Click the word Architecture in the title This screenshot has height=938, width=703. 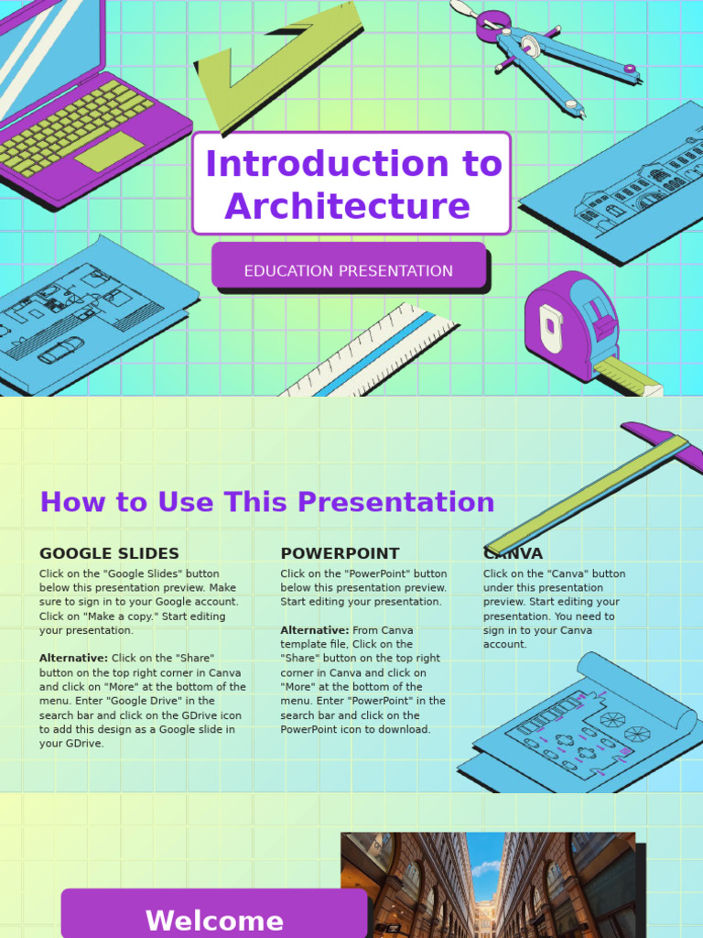347,206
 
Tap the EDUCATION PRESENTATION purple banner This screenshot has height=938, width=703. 348,270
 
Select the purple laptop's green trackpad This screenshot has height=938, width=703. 109,152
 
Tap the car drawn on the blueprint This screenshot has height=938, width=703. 61,351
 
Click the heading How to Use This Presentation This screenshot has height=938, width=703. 266,502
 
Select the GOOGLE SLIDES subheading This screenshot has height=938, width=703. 109,553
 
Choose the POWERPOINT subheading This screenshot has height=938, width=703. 340,553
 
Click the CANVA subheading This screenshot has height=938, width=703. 514,554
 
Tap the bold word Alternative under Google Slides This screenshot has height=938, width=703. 73,658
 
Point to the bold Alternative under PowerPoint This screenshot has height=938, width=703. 314,630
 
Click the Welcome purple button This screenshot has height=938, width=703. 214,920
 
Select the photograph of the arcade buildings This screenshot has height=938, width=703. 487,885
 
